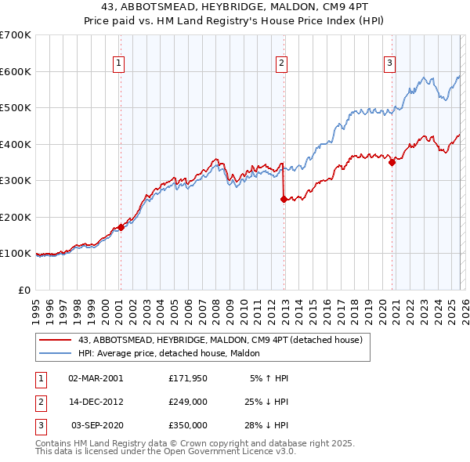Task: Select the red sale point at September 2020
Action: coord(392,163)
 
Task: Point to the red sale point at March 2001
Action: coord(121,227)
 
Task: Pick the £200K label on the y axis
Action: coord(16,217)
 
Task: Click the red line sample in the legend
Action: coord(56,341)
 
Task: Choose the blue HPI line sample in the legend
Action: coord(56,354)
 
